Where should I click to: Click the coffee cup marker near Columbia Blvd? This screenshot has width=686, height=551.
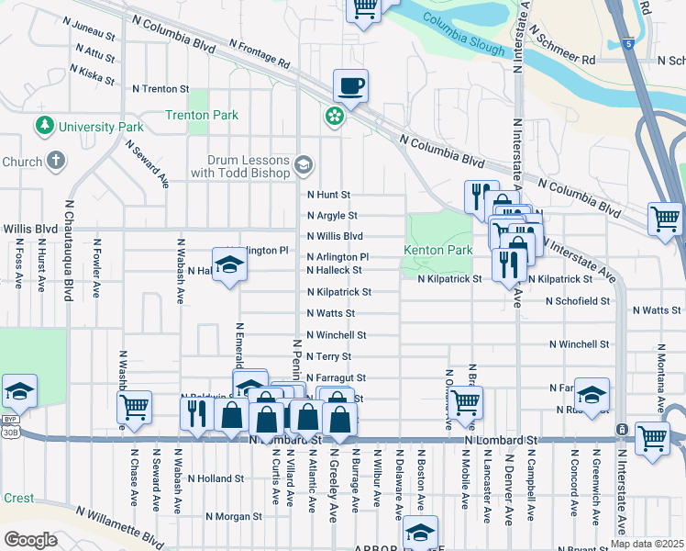pos(350,86)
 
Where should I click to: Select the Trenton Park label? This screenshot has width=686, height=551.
pos(202,116)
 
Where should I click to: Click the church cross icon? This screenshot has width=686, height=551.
pos(56,162)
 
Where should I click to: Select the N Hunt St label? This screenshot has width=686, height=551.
pos(328,195)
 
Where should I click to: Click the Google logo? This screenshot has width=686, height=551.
pos(29,539)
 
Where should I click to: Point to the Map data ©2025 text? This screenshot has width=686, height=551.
pos(647,544)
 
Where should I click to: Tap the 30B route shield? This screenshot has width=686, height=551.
pos(10,431)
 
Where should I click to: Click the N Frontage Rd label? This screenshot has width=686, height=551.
pos(260,53)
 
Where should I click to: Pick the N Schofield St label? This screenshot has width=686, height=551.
pos(577,300)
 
